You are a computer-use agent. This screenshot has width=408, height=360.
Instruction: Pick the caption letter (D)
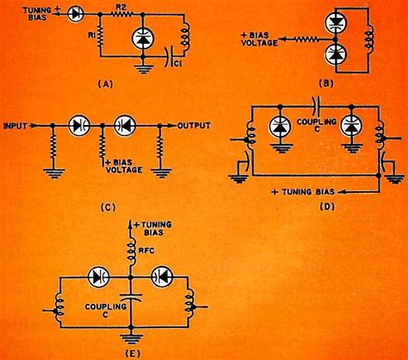[x=331, y=208]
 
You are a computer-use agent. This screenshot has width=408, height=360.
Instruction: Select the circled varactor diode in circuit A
[x=138, y=40]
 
